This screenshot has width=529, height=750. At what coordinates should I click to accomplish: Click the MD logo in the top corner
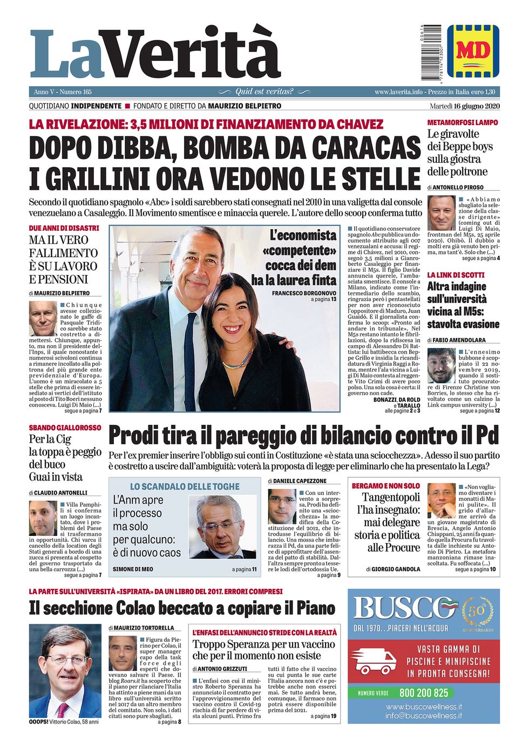point(473,51)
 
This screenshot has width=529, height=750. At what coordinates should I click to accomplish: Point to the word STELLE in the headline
point(377,178)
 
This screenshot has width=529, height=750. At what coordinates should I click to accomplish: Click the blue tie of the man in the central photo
point(191,350)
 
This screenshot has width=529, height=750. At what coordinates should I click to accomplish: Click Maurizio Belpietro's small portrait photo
point(43,318)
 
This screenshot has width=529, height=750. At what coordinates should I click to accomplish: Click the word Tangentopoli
point(391,497)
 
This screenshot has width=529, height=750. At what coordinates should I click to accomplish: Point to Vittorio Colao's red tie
point(63,708)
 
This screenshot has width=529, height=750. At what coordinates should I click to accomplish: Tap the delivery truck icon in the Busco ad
point(376,662)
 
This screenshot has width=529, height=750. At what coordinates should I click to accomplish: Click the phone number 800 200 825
point(424,693)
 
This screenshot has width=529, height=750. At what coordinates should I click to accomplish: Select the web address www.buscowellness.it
point(424,706)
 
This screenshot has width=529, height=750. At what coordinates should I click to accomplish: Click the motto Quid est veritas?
point(264,92)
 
